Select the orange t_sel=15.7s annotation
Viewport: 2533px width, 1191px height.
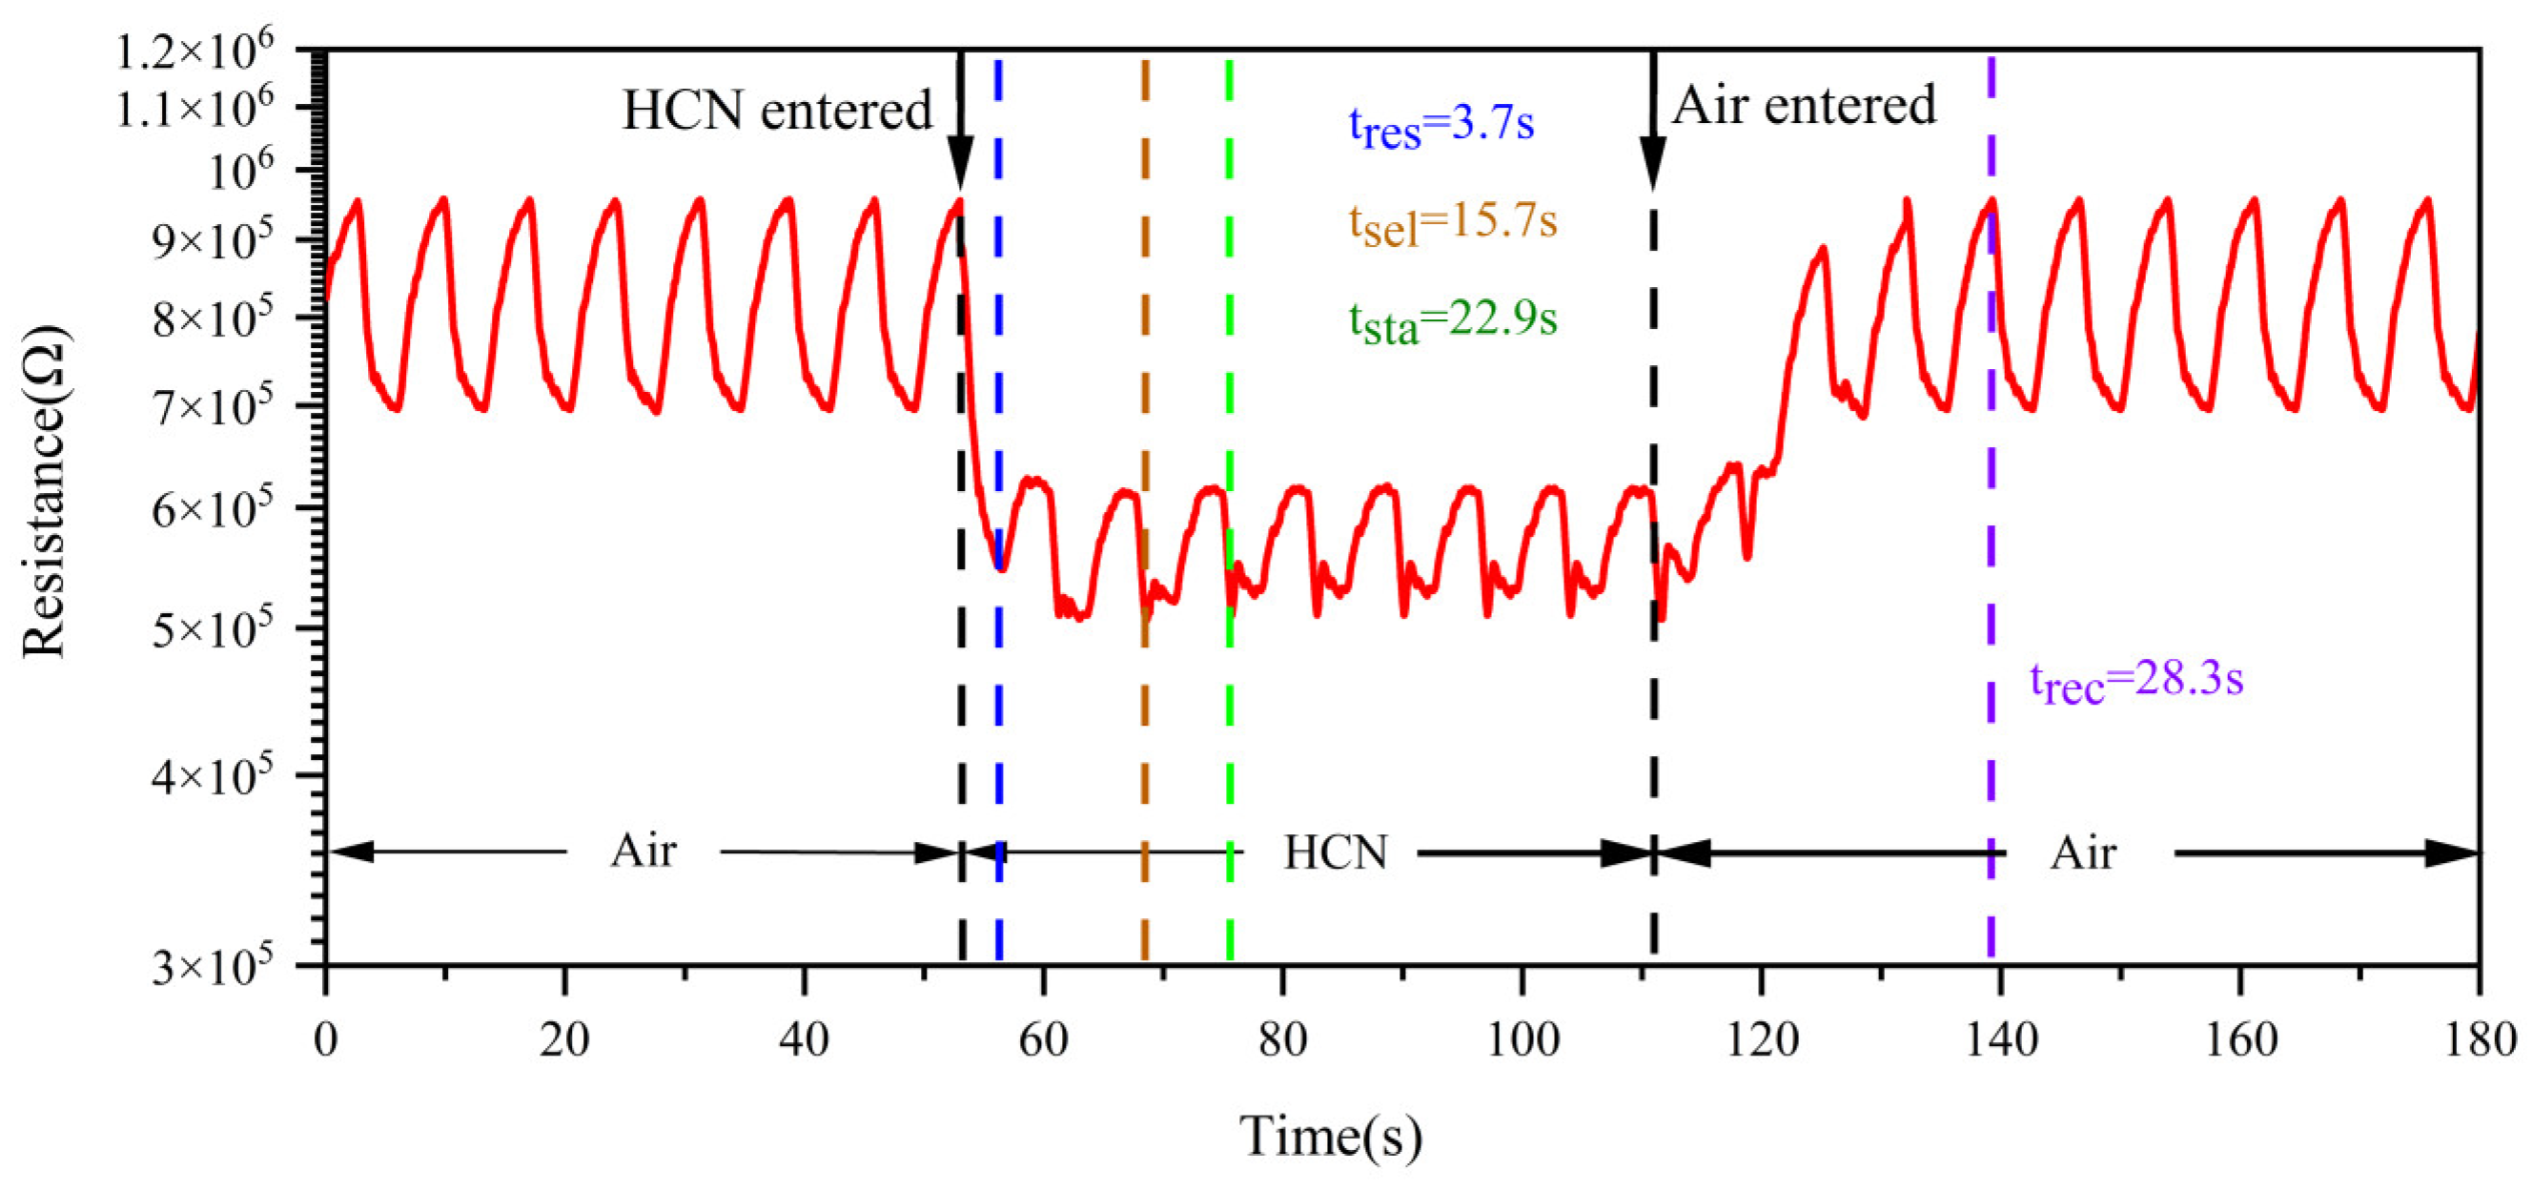pyautogui.click(x=1452, y=224)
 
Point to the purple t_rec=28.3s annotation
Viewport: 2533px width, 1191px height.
pyautogui.click(x=2135, y=682)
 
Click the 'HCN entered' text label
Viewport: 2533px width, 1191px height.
pyautogui.click(x=777, y=111)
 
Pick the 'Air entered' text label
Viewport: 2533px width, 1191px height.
pyautogui.click(x=1804, y=105)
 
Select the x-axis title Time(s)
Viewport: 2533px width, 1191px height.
pyautogui.click(x=1330, y=1137)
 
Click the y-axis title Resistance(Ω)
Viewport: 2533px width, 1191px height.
pyautogui.click(x=45, y=492)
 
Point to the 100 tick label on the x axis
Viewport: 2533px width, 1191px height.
pyautogui.click(x=1522, y=1039)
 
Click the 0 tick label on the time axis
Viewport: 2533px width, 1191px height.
pyautogui.click(x=325, y=1039)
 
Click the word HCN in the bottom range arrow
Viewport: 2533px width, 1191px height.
pyautogui.click(x=1336, y=852)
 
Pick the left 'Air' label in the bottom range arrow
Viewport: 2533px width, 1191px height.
pyautogui.click(x=643, y=851)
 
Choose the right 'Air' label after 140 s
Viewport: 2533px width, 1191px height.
pyautogui.click(x=2083, y=852)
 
